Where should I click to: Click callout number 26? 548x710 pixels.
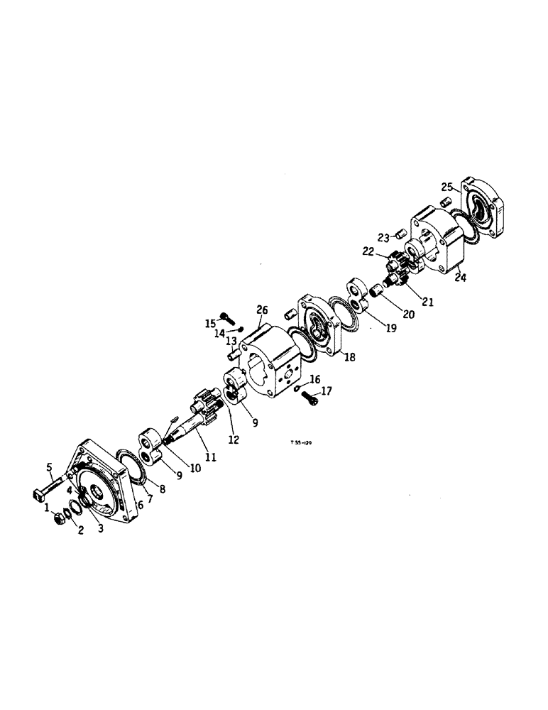tap(262, 310)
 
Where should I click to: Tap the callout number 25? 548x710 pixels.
tap(446, 187)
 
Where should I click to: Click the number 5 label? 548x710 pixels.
tap(50, 466)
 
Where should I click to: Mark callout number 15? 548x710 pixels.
tap(210, 323)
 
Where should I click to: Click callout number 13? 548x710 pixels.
tap(231, 341)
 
